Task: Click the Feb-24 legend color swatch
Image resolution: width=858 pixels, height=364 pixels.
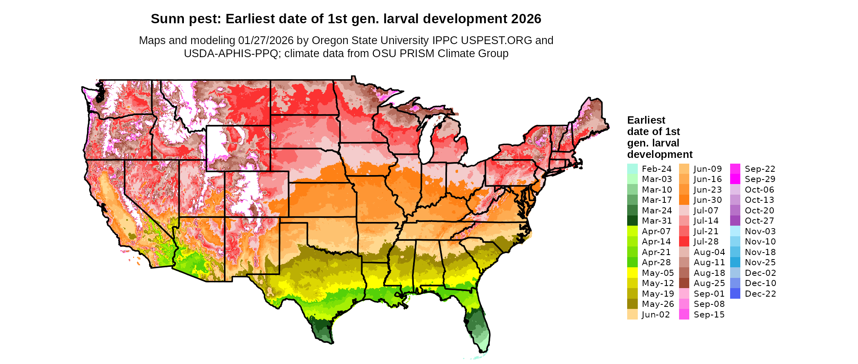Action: coord(632,169)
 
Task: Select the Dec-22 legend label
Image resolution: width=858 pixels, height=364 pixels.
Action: coord(760,294)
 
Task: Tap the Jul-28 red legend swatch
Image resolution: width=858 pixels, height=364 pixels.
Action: coord(684,242)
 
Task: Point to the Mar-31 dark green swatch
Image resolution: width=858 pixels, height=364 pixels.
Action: coord(632,221)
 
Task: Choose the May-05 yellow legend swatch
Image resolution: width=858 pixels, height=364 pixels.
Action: coord(632,273)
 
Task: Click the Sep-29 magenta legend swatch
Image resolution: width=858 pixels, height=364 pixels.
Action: coord(735,179)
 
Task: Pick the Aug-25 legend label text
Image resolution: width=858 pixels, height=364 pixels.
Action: coord(709,283)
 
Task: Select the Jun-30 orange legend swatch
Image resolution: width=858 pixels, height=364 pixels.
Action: coord(684,200)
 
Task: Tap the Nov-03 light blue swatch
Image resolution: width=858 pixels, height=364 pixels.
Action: coord(735,231)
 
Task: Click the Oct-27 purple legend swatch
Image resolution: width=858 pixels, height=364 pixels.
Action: coord(735,221)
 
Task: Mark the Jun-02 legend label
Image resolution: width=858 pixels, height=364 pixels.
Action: coord(656,315)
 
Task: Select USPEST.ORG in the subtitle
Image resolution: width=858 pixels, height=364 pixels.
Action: coord(496,40)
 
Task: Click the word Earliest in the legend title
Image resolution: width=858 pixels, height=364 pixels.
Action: coord(646,120)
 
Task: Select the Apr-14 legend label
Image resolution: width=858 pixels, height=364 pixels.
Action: coord(656,242)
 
